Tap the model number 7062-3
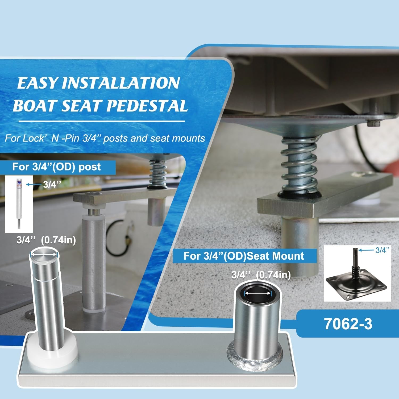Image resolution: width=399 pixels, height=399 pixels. click(x=348, y=324)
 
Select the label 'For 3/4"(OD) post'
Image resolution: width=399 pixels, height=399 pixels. click(x=56, y=167)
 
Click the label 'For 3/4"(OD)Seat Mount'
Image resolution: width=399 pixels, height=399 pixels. click(x=244, y=256)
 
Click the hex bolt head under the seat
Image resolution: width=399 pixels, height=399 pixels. click(x=372, y=123)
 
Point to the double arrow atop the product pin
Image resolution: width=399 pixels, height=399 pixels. click(x=44, y=255)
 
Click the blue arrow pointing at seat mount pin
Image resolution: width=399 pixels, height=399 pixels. click(x=366, y=250)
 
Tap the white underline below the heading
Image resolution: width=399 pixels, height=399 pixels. click(x=95, y=121)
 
